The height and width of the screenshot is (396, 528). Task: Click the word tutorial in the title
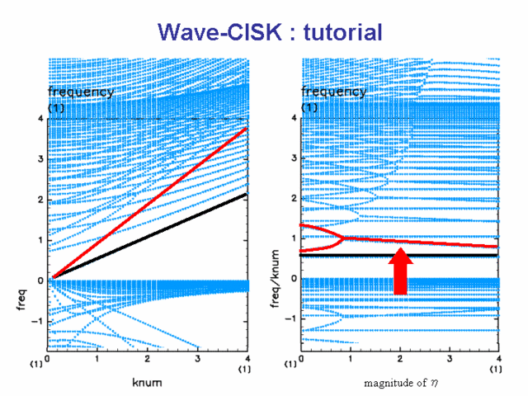(x=343, y=32)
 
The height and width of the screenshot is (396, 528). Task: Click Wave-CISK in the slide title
(x=219, y=32)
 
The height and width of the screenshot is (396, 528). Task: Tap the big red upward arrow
(x=401, y=271)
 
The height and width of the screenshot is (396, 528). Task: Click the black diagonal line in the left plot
(x=150, y=236)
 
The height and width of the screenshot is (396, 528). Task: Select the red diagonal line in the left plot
(x=150, y=203)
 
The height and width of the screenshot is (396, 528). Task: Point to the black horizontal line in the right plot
(x=398, y=255)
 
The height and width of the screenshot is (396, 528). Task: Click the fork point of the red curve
(x=343, y=238)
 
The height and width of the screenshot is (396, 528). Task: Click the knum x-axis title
(x=147, y=383)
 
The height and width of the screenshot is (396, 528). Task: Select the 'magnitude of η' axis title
(x=401, y=383)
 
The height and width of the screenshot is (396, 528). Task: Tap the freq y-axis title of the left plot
(x=21, y=299)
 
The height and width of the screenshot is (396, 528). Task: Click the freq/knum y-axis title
(x=275, y=279)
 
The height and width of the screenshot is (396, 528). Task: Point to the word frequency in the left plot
(x=81, y=92)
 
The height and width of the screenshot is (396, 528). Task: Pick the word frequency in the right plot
(x=333, y=92)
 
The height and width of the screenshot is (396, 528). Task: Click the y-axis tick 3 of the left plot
(x=40, y=159)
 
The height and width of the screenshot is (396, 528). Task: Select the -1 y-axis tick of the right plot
(x=290, y=318)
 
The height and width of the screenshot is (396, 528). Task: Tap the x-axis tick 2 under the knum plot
(x=147, y=359)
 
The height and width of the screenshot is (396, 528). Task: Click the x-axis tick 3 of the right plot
(x=450, y=359)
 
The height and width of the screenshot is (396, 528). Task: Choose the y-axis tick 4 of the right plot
(x=294, y=118)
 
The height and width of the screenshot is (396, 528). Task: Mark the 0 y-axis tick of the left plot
(x=40, y=280)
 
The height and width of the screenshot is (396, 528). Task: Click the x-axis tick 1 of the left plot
(x=97, y=359)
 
